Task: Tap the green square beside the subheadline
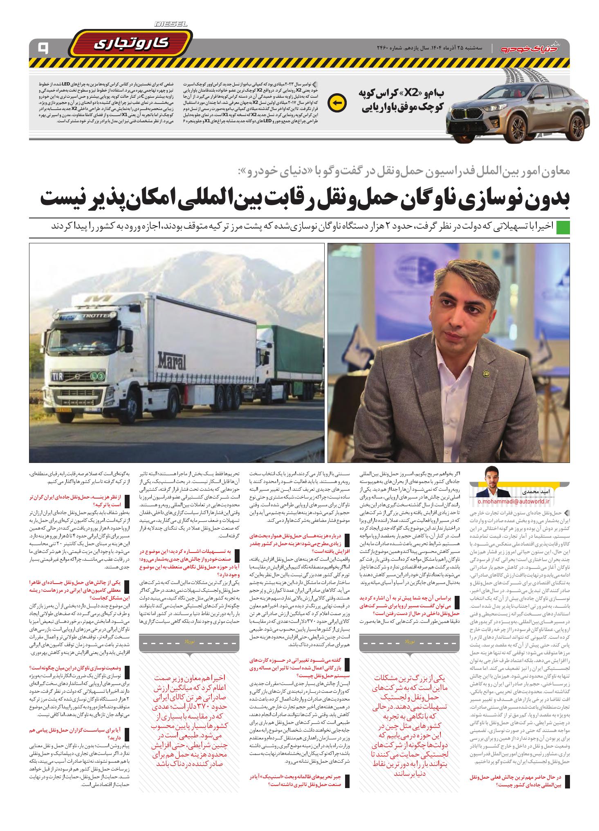pyautogui.click(x=563, y=227)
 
